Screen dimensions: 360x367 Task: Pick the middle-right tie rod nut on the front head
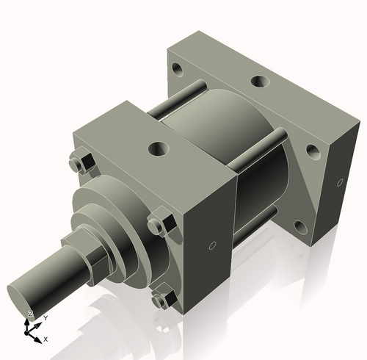tap(159, 223)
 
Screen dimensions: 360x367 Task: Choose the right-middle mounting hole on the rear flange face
tap(313, 152)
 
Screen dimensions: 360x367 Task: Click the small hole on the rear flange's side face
tap(340, 181)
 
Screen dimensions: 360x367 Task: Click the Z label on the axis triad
tap(30, 314)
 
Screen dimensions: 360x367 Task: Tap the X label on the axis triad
tap(46, 339)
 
